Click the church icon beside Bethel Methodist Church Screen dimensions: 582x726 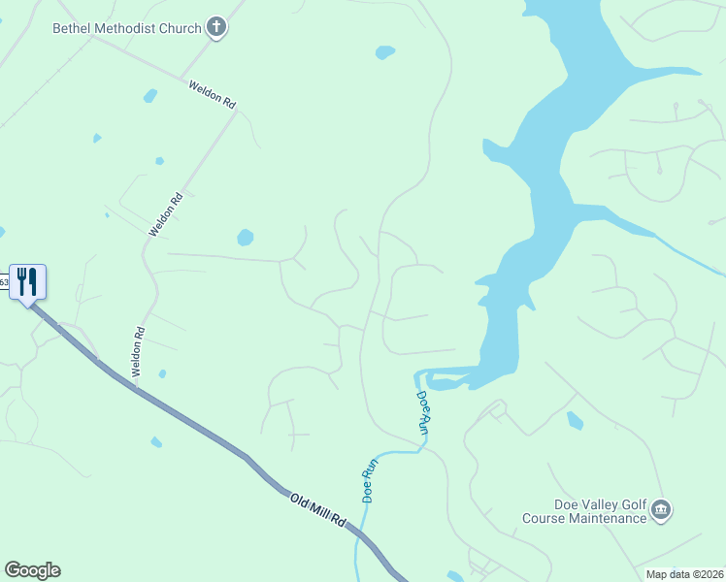pyautogui.click(x=217, y=27)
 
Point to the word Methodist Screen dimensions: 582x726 pyautogui.click(x=127, y=27)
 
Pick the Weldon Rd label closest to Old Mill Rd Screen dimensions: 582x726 pyautogui.click(x=138, y=352)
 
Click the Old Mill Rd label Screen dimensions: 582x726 pyautogui.click(x=317, y=508)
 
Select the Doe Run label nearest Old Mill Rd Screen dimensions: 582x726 pyautogui.click(x=369, y=479)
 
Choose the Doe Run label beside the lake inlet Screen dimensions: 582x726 pyautogui.click(x=422, y=411)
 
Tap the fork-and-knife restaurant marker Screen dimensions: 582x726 pyautogui.click(x=27, y=282)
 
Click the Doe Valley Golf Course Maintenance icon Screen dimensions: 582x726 pyautogui.click(x=661, y=509)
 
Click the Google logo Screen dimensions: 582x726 pyautogui.click(x=32, y=570)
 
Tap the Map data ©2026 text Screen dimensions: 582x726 pyautogui.click(x=684, y=574)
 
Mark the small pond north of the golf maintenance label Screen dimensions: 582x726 pyautogui.click(x=575, y=420)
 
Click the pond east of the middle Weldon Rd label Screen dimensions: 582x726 pyautogui.click(x=245, y=237)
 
